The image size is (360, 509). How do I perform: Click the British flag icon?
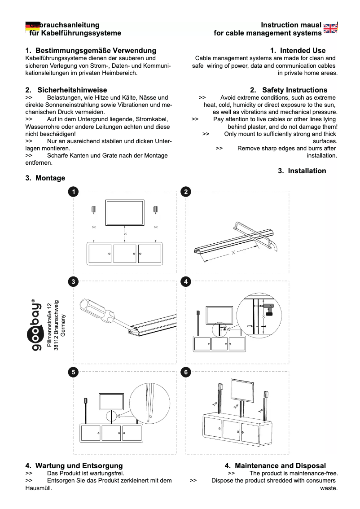[x=330, y=28]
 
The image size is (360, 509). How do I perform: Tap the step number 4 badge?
[x=185, y=281]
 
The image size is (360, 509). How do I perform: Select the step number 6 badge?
[x=185, y=372]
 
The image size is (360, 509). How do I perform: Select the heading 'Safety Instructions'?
[x=294, y=90]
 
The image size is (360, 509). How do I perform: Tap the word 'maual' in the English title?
[x=311, y=25]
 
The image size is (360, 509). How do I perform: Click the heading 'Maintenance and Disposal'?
[x=280, y=466]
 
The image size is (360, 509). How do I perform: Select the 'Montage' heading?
[x=50, y=178]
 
